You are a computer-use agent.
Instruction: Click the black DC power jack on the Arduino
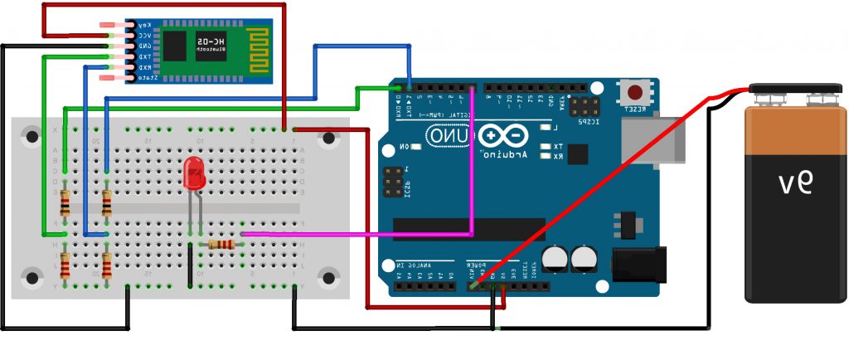point(638,264)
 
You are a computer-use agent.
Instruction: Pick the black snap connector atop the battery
point(791,90)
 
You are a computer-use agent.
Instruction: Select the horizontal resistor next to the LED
point(222,244)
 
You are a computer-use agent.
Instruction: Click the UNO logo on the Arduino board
point(449,134)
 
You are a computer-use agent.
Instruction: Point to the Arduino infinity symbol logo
point(501,134)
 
